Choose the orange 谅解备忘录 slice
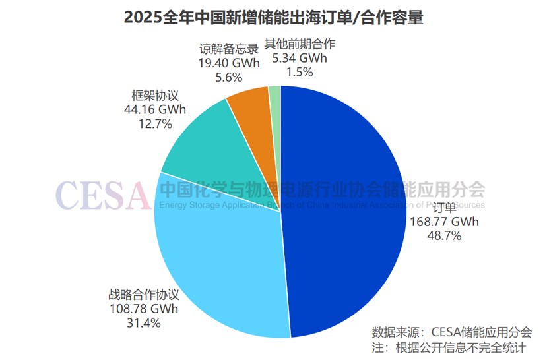point(249,105)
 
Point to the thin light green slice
point(275,96)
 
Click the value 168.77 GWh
point(443,222)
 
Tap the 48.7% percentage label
point(443,235)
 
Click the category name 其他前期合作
point(300,45)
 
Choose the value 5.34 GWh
point(300,58)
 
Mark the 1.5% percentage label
point(300,72)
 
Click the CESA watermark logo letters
point(102,193)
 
